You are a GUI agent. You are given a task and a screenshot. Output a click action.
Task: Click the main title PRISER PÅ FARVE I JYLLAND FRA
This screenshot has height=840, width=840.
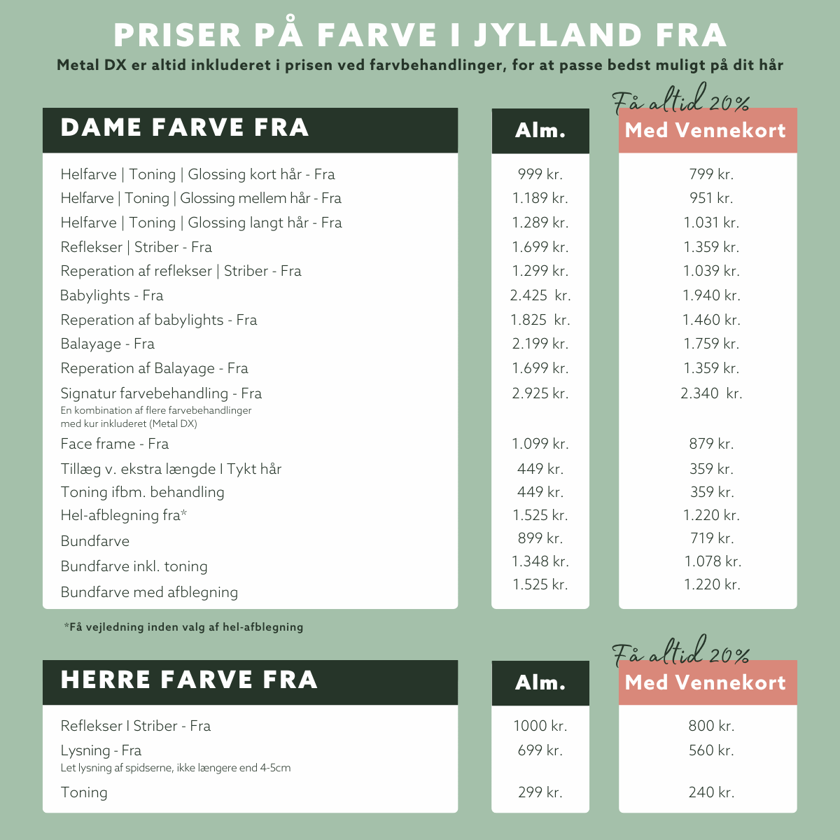(420, 35)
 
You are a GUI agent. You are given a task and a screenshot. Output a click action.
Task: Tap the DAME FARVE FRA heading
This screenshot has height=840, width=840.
(185, 128)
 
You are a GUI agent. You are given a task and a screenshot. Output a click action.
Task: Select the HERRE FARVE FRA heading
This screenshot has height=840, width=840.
(189, 680)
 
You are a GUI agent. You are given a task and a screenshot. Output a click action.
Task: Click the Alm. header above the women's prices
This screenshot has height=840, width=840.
(540, 130)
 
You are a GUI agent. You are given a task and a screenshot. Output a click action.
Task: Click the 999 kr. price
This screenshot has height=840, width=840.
(540, 174)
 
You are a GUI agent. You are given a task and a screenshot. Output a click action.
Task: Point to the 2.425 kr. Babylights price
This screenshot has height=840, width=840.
(540, 295)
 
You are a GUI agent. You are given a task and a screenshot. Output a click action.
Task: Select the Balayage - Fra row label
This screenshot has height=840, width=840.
(107, 344)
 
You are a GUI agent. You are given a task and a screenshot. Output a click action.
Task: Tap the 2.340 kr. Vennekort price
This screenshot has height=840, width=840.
(710, 393)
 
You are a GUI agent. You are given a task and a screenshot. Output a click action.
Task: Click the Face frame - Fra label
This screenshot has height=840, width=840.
(114, 444)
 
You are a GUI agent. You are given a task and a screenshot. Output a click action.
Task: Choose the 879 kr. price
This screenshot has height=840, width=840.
(710, 444)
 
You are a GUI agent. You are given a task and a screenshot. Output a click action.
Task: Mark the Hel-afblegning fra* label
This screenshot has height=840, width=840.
(123, 515)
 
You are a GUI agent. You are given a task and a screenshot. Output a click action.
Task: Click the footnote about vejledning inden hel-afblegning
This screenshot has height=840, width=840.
(183, 627)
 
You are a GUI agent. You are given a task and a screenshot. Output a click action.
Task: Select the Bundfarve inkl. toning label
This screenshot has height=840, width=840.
(134, 566)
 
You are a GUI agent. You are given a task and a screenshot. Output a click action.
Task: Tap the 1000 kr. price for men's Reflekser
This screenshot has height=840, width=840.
(540, 726)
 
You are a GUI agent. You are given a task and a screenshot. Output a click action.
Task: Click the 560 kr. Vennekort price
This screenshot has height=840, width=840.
(710, 750)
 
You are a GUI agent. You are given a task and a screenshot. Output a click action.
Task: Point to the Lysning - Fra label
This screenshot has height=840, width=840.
(101, 750)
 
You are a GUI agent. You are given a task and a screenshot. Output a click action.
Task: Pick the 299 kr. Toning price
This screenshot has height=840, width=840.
(540, 792)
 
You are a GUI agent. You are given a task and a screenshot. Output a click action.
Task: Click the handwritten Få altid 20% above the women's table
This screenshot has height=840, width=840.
(680, 104)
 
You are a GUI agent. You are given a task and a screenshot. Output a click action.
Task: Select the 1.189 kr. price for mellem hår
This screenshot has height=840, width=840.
(540, 198)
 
